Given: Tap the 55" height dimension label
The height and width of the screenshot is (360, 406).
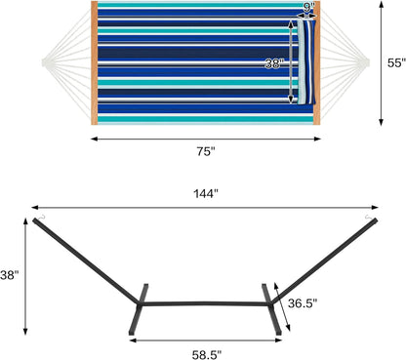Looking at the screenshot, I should pyautogui.click(x=394, y=61).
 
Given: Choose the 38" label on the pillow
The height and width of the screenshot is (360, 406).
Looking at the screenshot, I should pyautogui.click(x=276, y=63).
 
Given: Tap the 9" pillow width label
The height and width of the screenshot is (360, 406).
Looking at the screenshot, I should pyautogui.click(x=309, y=9).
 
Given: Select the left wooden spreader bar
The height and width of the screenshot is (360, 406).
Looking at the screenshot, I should pyautogui.click(x=94, y=62).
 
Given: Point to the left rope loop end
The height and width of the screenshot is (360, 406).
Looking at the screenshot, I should pyautogui.click(x=46, y=63).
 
